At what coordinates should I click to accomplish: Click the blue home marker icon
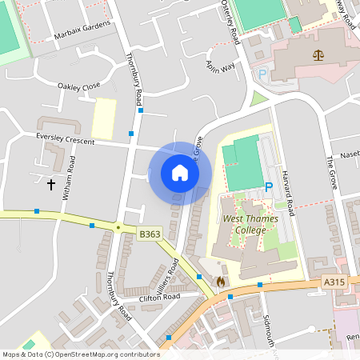point(180,173)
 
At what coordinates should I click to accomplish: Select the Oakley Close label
point(79,85)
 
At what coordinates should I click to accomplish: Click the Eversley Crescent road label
point(65,139)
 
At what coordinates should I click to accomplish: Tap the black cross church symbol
point(52,185)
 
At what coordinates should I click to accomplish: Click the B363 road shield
point(150,234)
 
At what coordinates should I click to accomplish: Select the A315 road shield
point(334,282)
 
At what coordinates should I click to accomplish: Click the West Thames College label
point(245,225)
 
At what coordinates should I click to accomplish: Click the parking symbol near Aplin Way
point(262,74)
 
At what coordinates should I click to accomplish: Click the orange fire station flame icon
point(220,282)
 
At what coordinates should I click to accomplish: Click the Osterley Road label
point(230,22)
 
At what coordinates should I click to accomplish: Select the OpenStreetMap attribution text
point(80,354)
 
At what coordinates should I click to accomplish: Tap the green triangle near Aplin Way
point(258,100)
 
